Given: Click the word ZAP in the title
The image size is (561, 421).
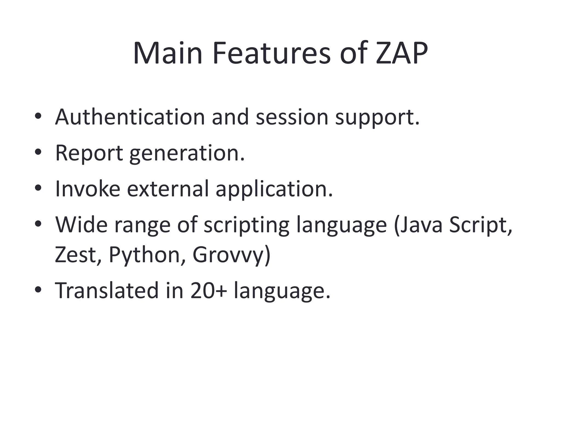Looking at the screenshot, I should coord(401,53).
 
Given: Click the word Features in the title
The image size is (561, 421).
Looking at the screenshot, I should coord(271,53).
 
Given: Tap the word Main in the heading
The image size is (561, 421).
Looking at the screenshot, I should coord(168,53).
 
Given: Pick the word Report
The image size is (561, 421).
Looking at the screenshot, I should coord(89,153).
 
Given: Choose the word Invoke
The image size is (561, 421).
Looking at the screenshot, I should coord(88,189).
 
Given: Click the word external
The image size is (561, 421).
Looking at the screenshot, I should coord(168,189).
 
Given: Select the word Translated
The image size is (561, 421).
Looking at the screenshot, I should coord(107,291).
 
